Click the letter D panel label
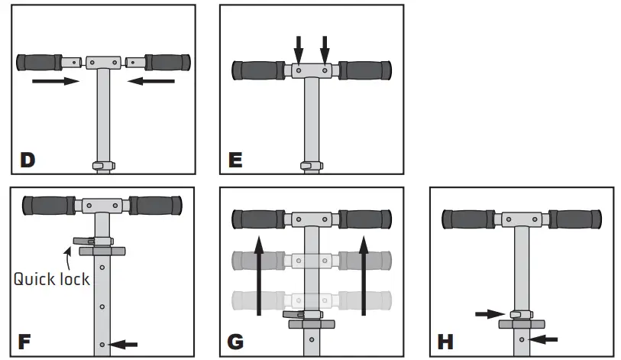tap(27, 161)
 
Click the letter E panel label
tap(235, 161)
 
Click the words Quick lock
tap(51, 278)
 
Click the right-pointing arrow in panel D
tap(55, 80)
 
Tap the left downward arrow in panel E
tap(299, 50)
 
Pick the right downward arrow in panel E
tap(325, 50)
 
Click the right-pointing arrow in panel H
tap(490, 313)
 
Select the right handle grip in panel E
tap(364, 70)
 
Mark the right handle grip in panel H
tap(575, 219)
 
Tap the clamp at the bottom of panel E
tap(309, 165)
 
